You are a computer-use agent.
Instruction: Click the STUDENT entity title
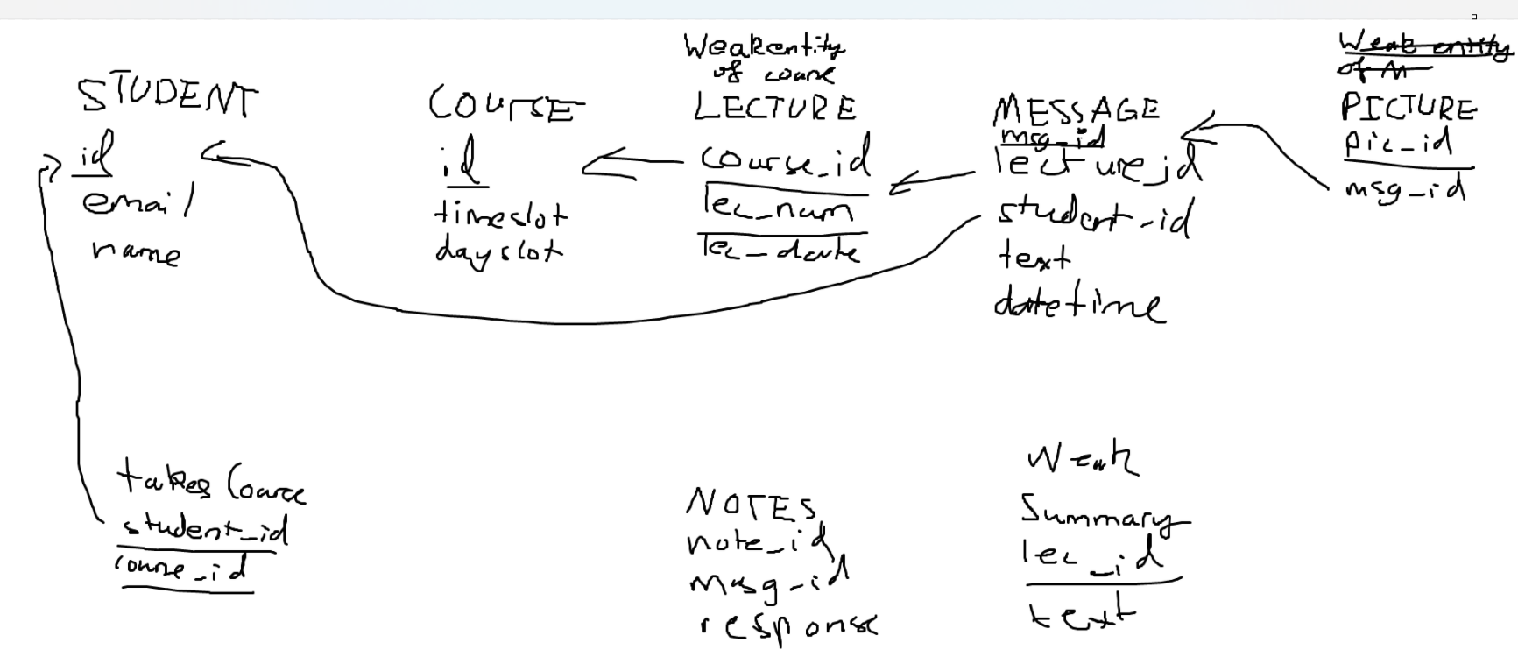[x=168, y=97]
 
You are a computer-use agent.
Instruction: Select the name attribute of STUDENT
[x=136, y=252]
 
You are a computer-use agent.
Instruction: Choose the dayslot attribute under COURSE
[x=498, y=252]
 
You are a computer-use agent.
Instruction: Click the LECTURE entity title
[x=774, y=108]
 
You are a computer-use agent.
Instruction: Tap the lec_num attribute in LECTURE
[x=777, y=208]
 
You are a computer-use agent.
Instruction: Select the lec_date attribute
[x=780, y=250]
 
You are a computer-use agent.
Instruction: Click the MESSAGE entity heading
[x=1076, y=109]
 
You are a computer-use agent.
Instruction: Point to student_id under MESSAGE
[x=1094, y=215]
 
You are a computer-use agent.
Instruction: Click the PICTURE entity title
[x=1408, y=108]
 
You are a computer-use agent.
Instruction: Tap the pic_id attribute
[x=1398, y=143]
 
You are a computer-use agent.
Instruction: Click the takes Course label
[x=211, y=484]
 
